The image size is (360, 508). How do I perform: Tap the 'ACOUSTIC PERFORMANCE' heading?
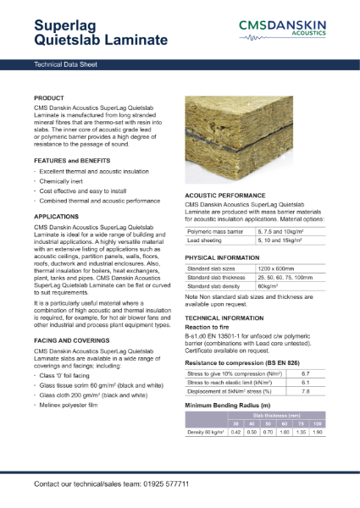226,195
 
